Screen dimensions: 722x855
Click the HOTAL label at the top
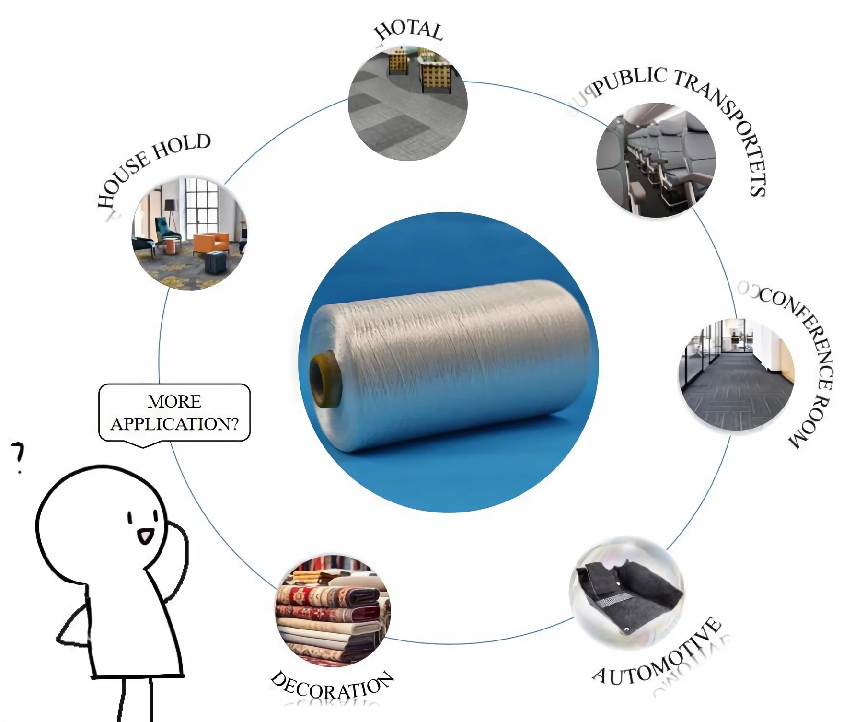click(409, 30)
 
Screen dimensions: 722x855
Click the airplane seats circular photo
click(656, 160)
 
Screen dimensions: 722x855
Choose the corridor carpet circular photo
click(736, 376)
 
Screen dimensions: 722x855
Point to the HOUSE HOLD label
click(151, 168)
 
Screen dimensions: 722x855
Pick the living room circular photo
click(190, 233)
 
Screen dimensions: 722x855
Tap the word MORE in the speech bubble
click(174, 401)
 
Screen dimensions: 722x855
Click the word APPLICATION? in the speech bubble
click(174, 424)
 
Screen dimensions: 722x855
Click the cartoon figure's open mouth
click(145, 535)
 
